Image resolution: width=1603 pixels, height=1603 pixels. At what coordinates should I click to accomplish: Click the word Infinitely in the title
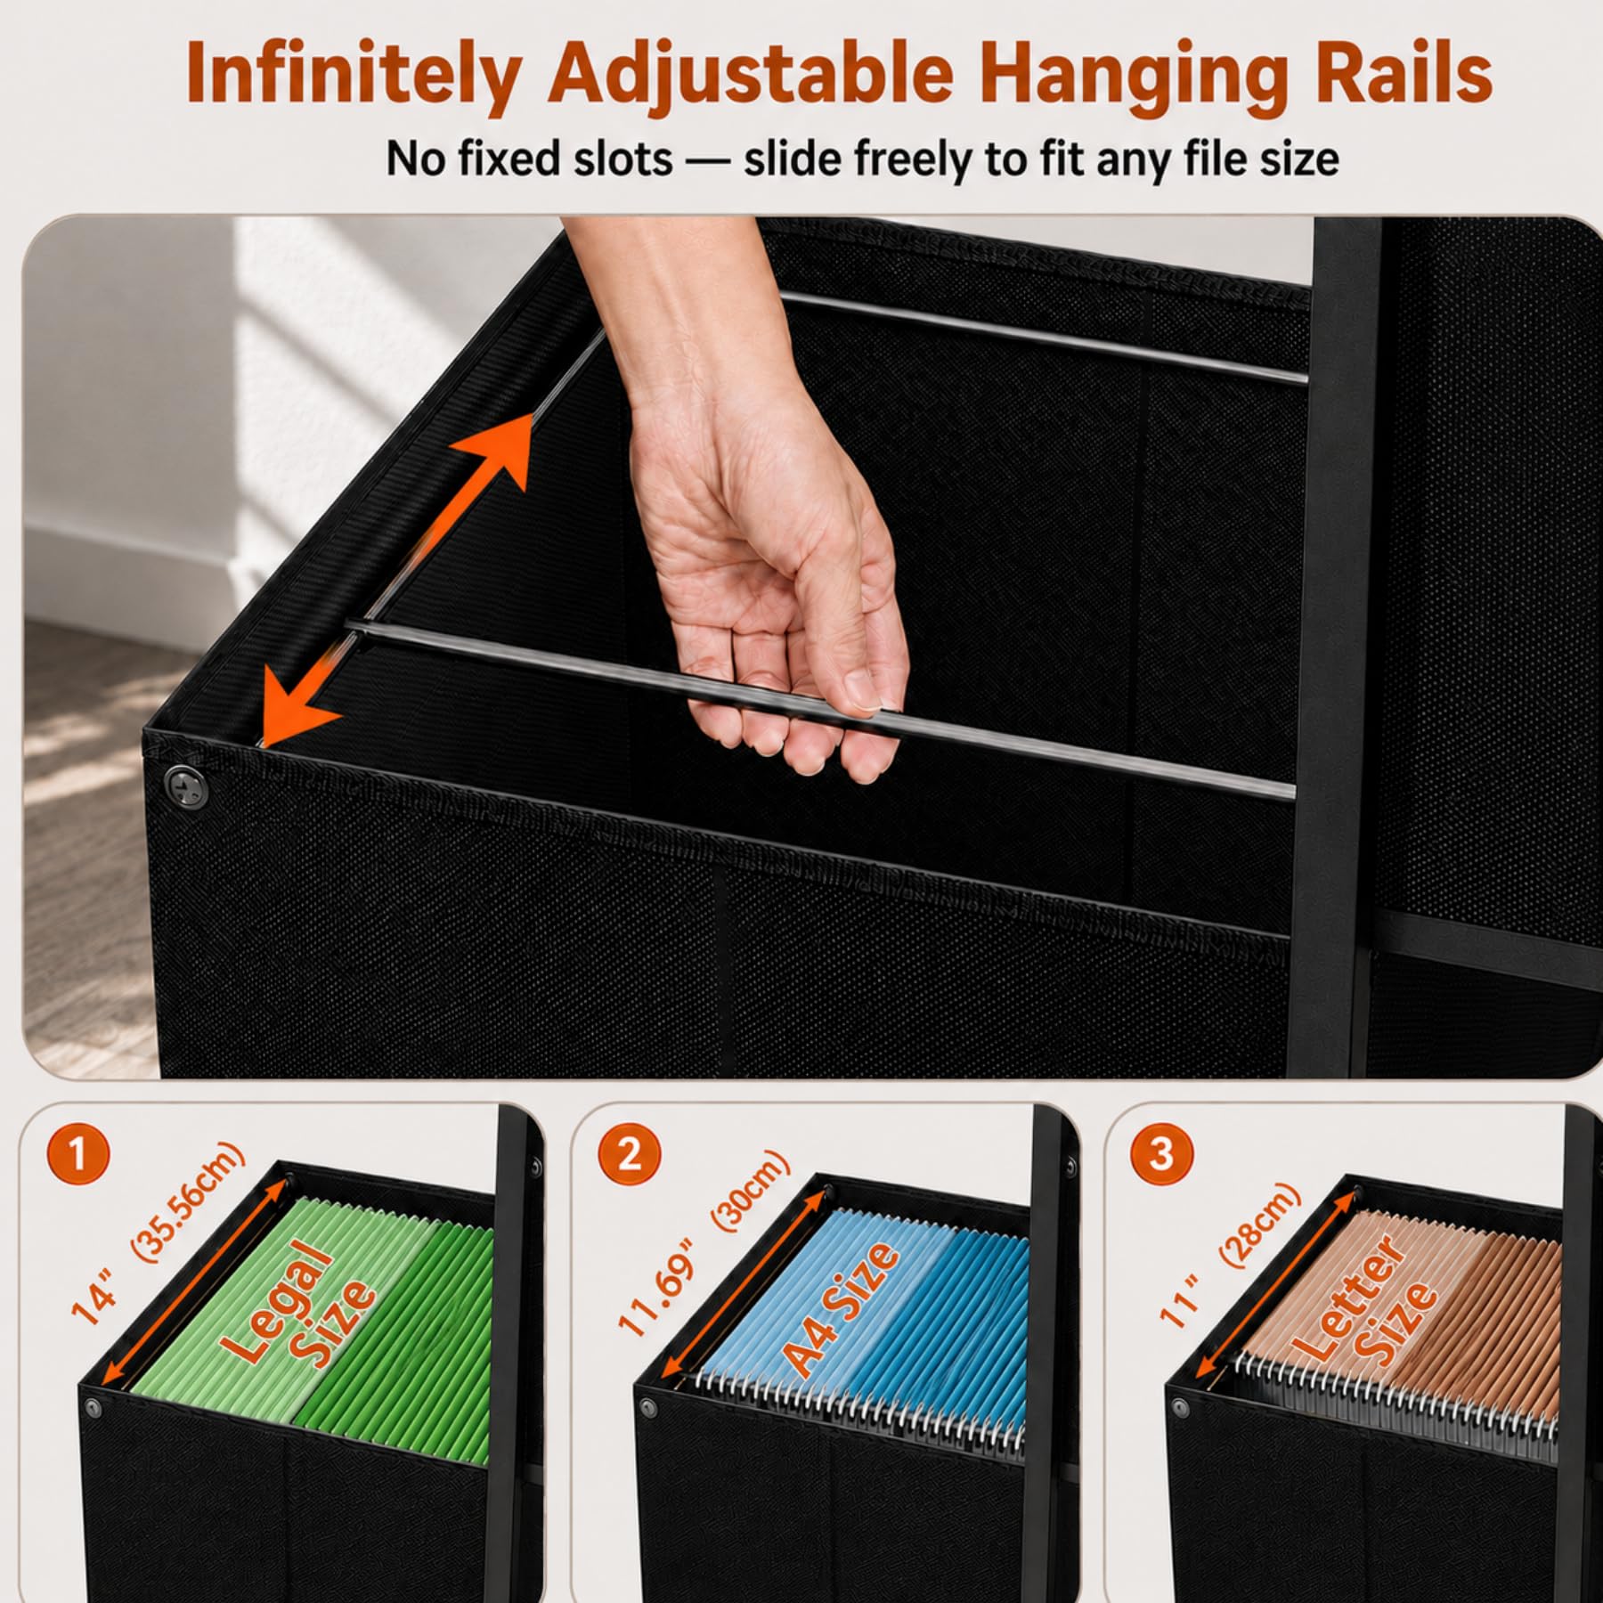(353, 75)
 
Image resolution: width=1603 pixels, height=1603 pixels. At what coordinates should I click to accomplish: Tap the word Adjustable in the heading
(750, 75)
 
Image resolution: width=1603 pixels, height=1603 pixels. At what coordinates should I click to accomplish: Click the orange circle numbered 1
(78, 1155)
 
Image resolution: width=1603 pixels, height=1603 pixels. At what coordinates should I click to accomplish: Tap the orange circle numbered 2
(629, 1155)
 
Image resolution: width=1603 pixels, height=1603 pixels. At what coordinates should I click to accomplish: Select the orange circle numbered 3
(1160, 1155)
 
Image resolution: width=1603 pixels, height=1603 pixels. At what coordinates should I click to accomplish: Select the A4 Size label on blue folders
(841, 1309)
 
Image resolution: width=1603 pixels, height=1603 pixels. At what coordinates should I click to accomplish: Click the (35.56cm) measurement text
(188, 1202)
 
